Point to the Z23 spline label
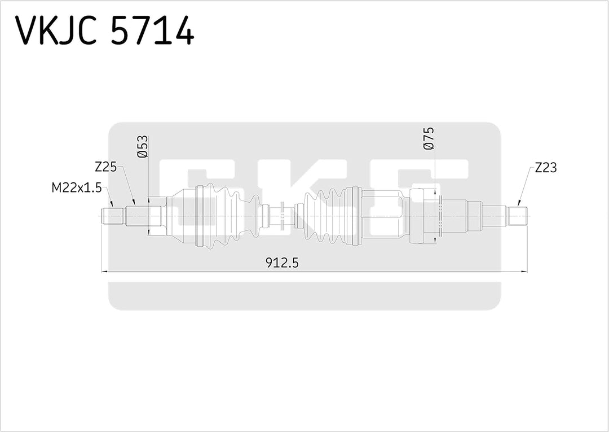pos(546,167)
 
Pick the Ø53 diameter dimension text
pos(142,146)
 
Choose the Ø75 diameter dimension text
pos(429,139)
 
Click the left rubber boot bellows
pos(226,216)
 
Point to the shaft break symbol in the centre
pos(280,216)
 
